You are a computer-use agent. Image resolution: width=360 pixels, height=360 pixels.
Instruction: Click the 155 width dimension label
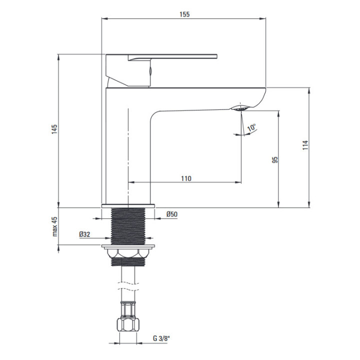click(183, 14)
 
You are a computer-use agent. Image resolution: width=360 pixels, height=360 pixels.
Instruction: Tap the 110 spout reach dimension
click(185, 178)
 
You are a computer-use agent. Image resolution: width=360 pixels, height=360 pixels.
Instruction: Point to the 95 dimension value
click(274, 160)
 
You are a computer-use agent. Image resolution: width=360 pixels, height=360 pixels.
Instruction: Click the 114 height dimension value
click(305, 145)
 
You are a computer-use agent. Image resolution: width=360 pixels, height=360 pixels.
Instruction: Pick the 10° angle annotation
click(251, 127)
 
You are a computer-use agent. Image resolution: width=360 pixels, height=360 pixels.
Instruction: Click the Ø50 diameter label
click(172, 214)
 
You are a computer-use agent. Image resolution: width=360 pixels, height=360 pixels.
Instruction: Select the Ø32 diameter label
click(84, 233)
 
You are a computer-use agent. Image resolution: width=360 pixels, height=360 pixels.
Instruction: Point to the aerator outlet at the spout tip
click(240, 107)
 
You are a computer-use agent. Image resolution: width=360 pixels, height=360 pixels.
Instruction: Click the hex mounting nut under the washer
click(128, 254)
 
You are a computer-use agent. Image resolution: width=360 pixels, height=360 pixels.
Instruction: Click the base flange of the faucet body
click(128, 205)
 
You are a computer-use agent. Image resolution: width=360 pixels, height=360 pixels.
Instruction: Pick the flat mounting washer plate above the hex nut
click(128, 246)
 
